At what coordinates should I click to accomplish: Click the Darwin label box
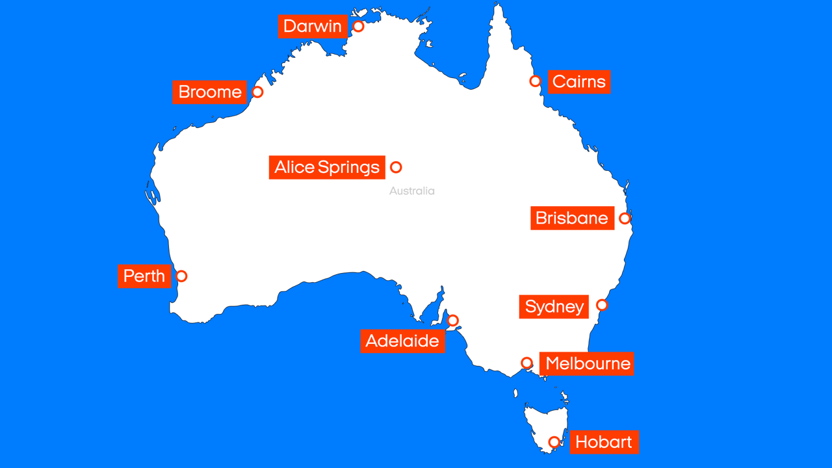313,27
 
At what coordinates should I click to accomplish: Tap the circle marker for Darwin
358,27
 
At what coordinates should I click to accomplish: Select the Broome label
209,92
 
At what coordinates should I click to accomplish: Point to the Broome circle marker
257,92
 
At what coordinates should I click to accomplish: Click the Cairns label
579,82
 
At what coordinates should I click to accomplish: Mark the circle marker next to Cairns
535,81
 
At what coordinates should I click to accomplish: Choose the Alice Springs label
327,168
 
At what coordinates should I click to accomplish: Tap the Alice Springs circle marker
396,168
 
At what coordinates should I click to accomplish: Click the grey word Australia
412,191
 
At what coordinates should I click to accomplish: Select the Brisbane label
572,218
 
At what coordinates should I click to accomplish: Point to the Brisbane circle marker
625,218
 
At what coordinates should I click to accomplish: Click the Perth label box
144,276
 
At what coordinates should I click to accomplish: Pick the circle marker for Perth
181,276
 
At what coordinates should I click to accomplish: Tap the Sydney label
554,307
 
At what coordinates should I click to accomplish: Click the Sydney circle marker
602,305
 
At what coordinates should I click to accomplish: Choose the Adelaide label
402,341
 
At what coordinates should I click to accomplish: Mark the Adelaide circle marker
453,320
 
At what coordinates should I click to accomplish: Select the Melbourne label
587,364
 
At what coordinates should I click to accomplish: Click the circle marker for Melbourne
527,363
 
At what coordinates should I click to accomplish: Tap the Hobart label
604,443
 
